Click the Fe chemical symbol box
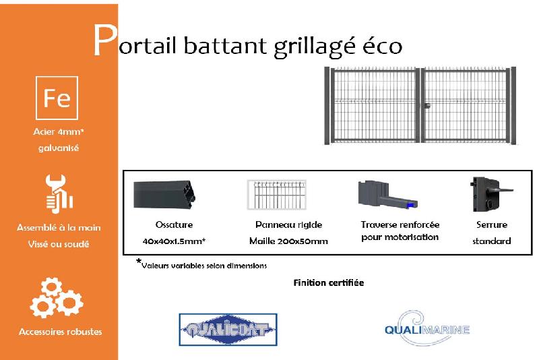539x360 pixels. pos(57,98)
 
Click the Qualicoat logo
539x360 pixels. pos(228,330)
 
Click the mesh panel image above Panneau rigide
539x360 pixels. pos(276,196)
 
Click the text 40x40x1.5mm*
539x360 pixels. pos(174,241)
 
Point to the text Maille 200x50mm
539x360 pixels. pos(288,241)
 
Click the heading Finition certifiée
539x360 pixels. pos(328,282)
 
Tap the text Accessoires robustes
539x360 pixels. pos(61,332)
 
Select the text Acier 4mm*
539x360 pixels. pos(59,132)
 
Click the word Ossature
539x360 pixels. pos(174,224)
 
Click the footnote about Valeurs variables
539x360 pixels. pos(202,265)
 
